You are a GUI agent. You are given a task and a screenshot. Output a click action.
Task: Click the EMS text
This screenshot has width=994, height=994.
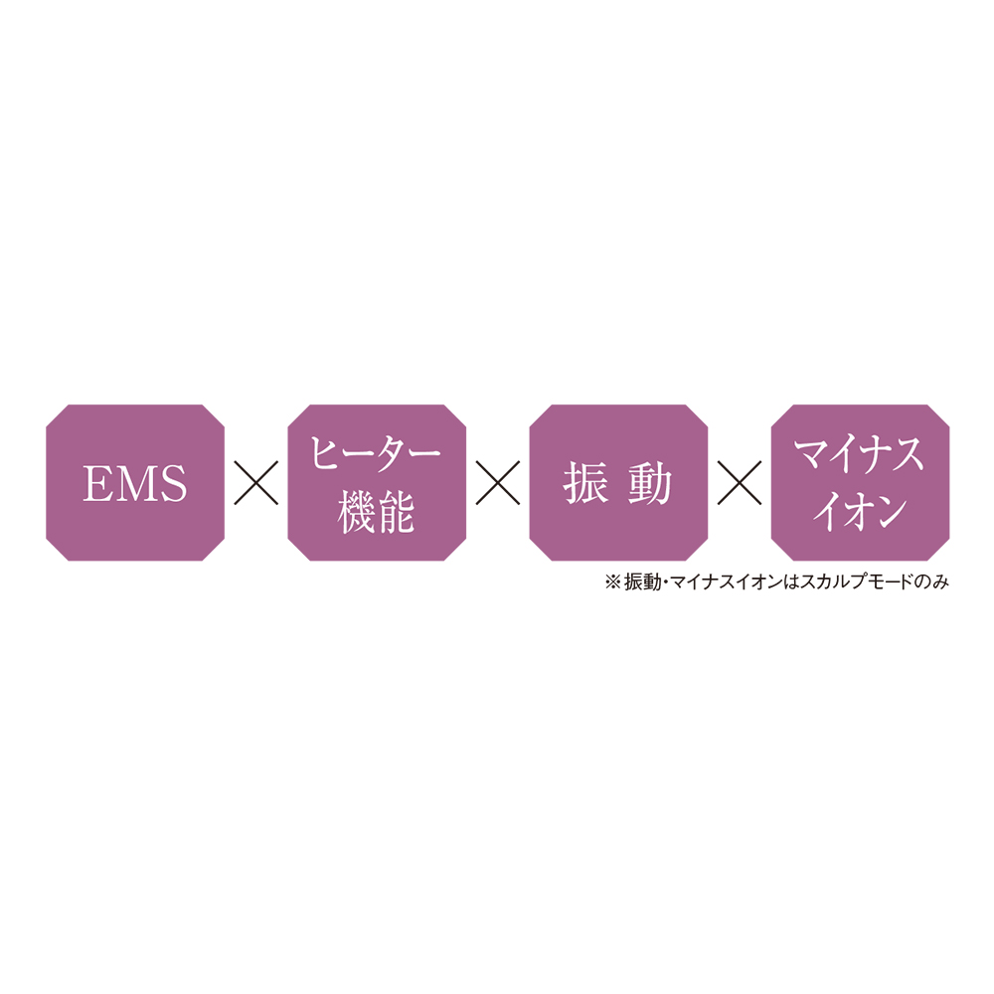(x=135, y=483)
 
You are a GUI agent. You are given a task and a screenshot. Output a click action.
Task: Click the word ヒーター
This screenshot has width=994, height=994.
(x=376, y=454)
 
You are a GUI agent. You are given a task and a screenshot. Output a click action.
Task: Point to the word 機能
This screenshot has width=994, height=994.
(x=377, y=512)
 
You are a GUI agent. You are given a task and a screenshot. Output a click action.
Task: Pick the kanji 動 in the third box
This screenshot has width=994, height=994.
(x=650, y=483)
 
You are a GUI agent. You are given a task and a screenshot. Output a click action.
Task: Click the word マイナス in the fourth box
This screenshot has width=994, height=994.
(x=860, y=454)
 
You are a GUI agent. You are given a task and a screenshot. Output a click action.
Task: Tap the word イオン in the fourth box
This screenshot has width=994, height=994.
(x=860, y=512)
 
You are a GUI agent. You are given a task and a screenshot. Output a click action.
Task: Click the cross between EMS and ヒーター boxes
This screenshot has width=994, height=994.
(x=256, y=483)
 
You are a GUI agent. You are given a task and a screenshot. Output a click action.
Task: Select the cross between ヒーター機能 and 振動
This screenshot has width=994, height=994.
(x=498, y=483)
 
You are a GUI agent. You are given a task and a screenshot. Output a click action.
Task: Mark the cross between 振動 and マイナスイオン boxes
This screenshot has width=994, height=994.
(x=740, y=483)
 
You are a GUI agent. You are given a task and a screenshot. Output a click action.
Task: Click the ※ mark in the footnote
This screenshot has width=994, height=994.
(x=613, y=581)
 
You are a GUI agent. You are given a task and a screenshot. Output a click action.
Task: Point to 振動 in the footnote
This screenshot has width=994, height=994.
(x=643, y=581)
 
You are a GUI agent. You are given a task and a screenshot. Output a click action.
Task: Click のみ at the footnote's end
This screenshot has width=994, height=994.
(x=931, y=581)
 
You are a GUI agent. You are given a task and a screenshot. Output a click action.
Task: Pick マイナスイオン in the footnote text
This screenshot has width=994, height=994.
(x=727, y=581)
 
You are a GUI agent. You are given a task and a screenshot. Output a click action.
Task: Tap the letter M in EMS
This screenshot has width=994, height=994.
(x=135, y=483)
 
